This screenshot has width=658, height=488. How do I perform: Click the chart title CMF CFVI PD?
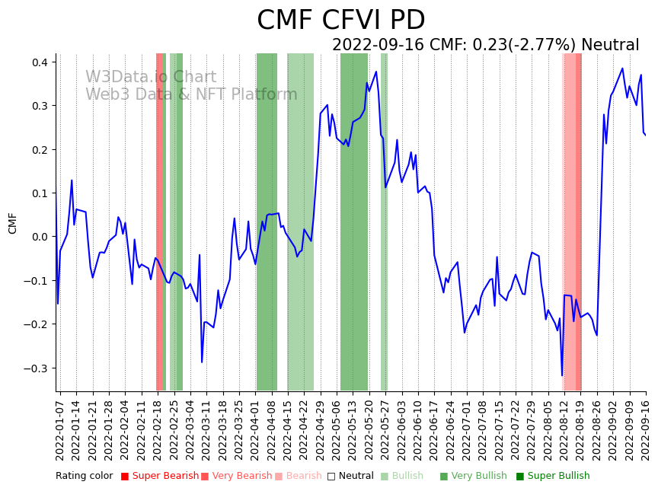click(340, 21)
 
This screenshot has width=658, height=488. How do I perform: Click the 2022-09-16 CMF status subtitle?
click(485, 46)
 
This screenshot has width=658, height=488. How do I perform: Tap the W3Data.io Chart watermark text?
click(151, 78)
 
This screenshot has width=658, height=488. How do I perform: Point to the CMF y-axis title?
click(12, 223)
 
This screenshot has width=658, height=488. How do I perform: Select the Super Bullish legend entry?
click(553, 477)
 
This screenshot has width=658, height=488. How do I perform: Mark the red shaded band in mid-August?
click(572, 221)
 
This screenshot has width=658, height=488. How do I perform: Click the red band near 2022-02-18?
click(160, 221)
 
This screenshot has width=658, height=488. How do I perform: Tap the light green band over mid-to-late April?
click(300, 221)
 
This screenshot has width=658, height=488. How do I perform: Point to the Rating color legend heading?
click(84, 477)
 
